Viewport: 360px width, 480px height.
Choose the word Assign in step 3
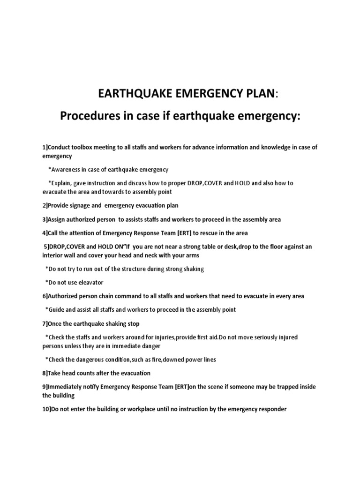click(x=58, y=219)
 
